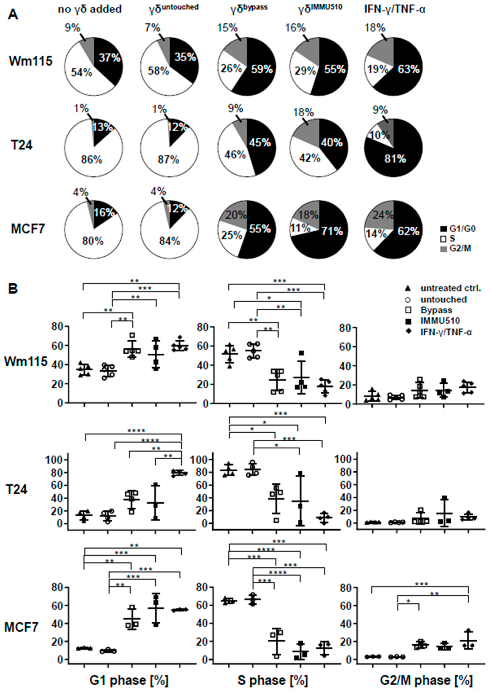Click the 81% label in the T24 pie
coord(395,159)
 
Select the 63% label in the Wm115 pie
coord(409,70)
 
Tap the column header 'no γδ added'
coord(90,9)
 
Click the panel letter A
coord(13,14)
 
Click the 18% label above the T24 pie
coord(303,113)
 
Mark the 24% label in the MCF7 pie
coord(383,215)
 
